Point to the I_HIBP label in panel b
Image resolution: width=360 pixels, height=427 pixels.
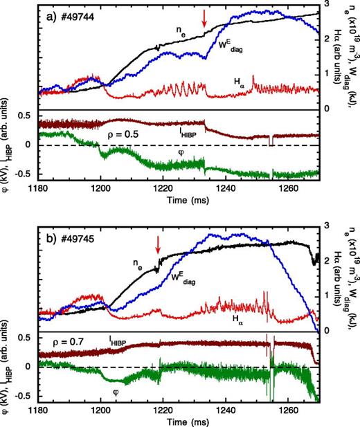[125, 341]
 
